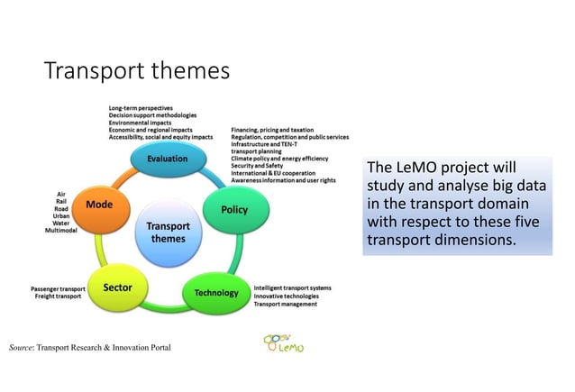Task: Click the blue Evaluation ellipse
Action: tap(168, 159)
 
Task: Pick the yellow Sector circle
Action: tap(118, 287)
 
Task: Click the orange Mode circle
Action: tap(98, 205)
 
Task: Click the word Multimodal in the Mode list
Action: tap(62, 231)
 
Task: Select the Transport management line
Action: tap(285, 305)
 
